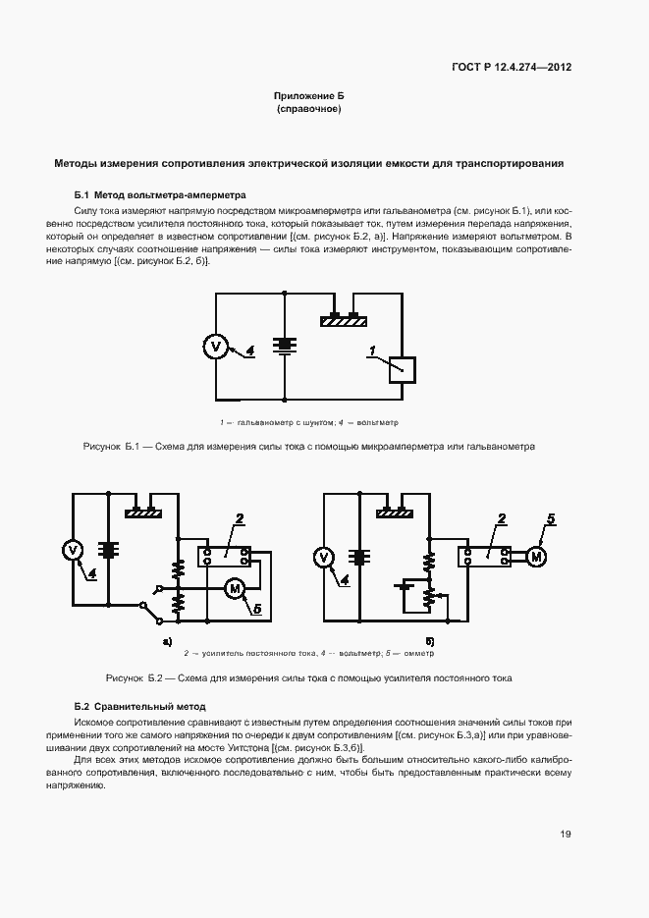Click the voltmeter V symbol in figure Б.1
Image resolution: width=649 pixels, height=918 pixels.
[x=217, y=346]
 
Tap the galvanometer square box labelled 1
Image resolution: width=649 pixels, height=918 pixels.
[x=403, y=369]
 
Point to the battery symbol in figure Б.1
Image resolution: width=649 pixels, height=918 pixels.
[x=285, y=346]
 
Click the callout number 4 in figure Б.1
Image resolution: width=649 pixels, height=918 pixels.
[x=249, y=351]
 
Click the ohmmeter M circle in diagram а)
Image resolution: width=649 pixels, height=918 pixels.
[x=235, y=587]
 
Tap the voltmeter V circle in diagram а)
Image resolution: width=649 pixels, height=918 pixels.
[x=73, y=550]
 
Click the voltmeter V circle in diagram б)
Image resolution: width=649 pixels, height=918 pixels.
[x=324, y=558]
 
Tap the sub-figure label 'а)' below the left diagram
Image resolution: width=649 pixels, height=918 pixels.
[x=167, y=641]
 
